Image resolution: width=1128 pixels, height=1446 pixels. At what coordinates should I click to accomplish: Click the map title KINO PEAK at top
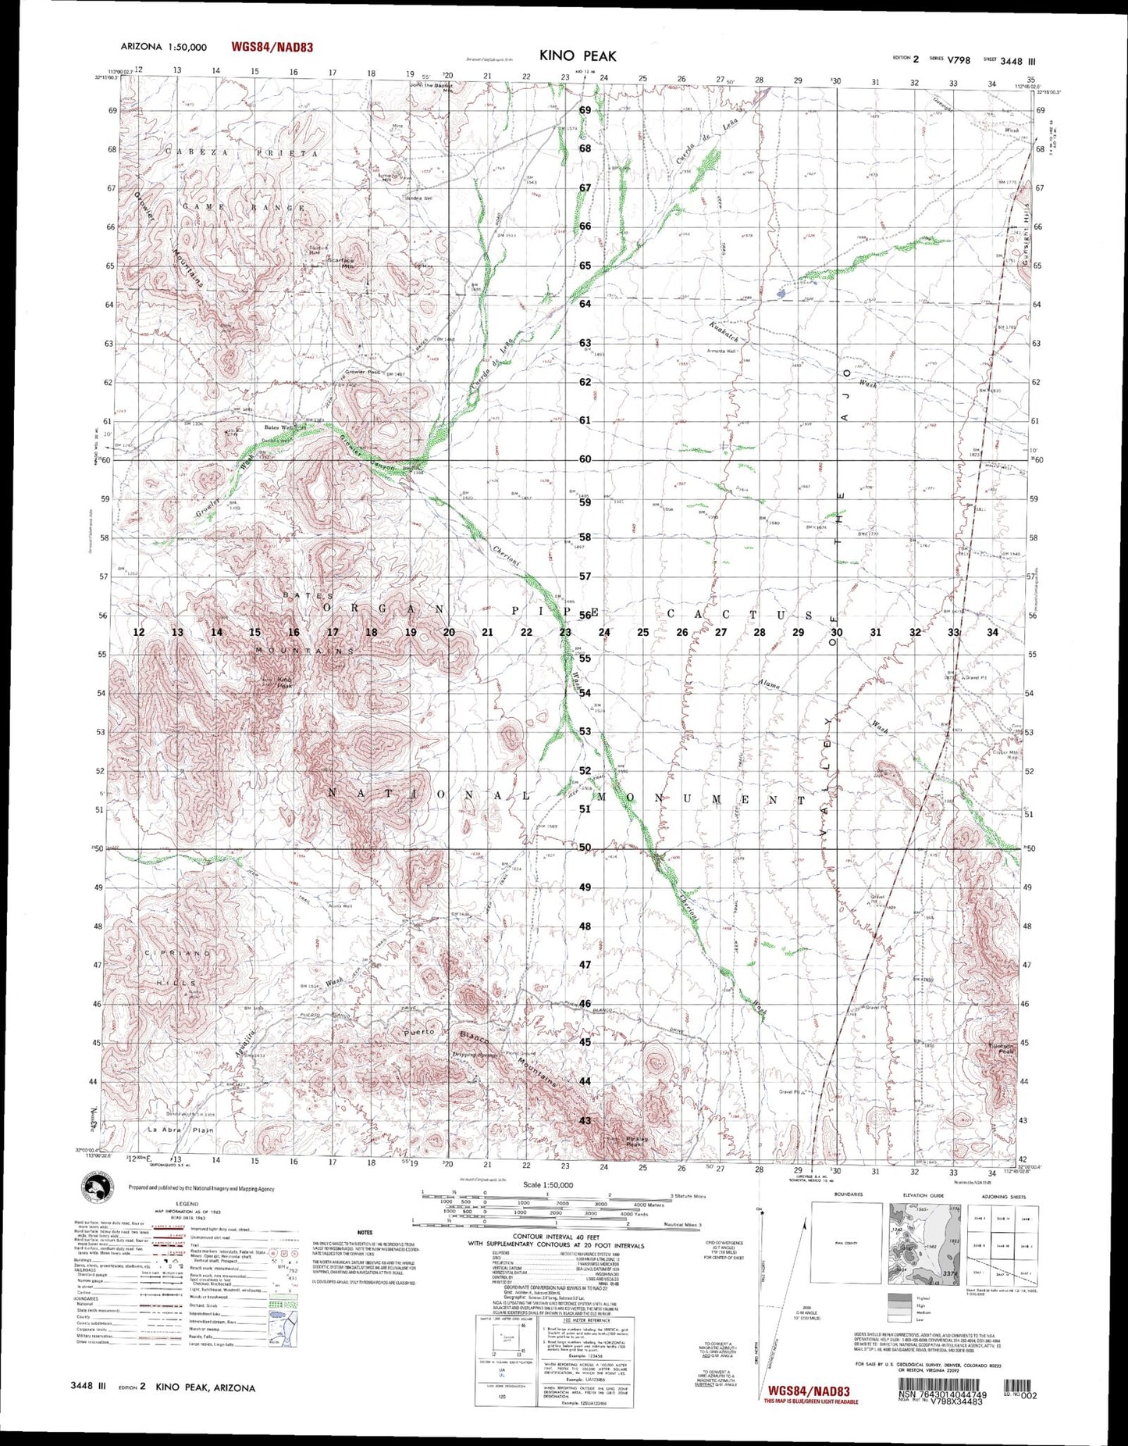coord(577,55)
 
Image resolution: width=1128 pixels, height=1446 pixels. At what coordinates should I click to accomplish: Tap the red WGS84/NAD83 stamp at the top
coord(272,47)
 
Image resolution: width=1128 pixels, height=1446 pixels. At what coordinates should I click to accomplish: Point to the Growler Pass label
coord(362,372)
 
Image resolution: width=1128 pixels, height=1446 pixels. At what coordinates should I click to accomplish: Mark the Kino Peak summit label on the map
coord(284,683)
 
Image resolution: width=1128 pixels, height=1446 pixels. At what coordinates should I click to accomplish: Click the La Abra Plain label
coord(170,1130)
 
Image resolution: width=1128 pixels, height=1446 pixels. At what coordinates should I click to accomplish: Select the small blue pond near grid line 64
coord(781,294)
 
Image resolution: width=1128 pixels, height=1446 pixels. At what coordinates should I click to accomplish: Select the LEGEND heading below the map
coord(187,1204)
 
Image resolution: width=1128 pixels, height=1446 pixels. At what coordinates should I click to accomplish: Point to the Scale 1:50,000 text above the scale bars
coord(547,1185)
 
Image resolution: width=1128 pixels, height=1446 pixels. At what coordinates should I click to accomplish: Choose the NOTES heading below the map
coord(365,1233)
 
